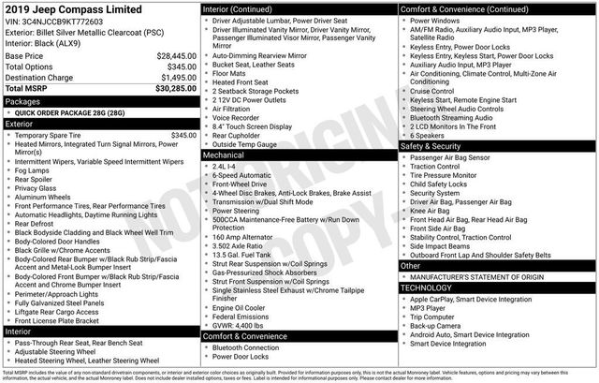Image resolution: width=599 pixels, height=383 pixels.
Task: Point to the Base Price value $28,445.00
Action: pos(169,55)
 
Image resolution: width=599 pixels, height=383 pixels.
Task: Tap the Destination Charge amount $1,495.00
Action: pos(171,77)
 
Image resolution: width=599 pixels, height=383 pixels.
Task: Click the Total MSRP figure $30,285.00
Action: pos(169,89)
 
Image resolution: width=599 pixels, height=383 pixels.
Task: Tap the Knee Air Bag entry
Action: pos(435,212)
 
